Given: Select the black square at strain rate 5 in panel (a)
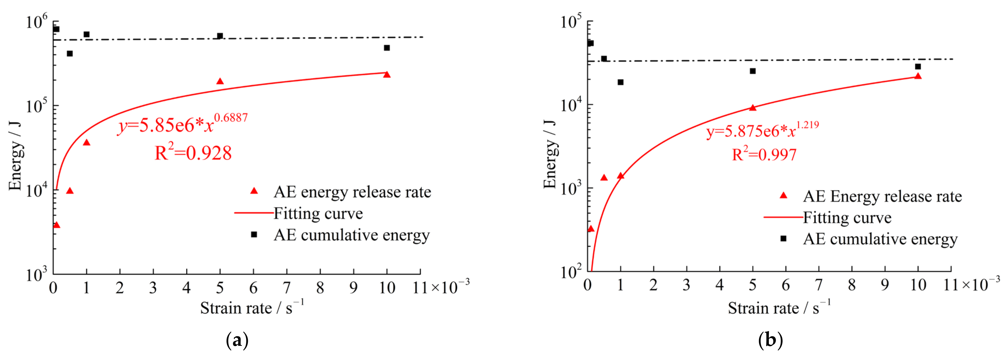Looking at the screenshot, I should [220, 36].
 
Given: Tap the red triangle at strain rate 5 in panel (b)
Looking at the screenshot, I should [753, 108].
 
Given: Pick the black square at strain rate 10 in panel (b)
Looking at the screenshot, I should [918, 67].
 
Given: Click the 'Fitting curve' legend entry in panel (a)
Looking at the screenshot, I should [318, 213].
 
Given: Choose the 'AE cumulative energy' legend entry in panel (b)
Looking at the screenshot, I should [880, 239].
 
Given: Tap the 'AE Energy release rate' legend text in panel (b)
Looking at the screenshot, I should [882, 196].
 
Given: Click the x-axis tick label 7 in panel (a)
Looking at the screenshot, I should [287, 288].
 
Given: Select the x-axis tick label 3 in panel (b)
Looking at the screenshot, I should [686, 285].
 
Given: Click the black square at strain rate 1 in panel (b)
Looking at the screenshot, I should [620, 82].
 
